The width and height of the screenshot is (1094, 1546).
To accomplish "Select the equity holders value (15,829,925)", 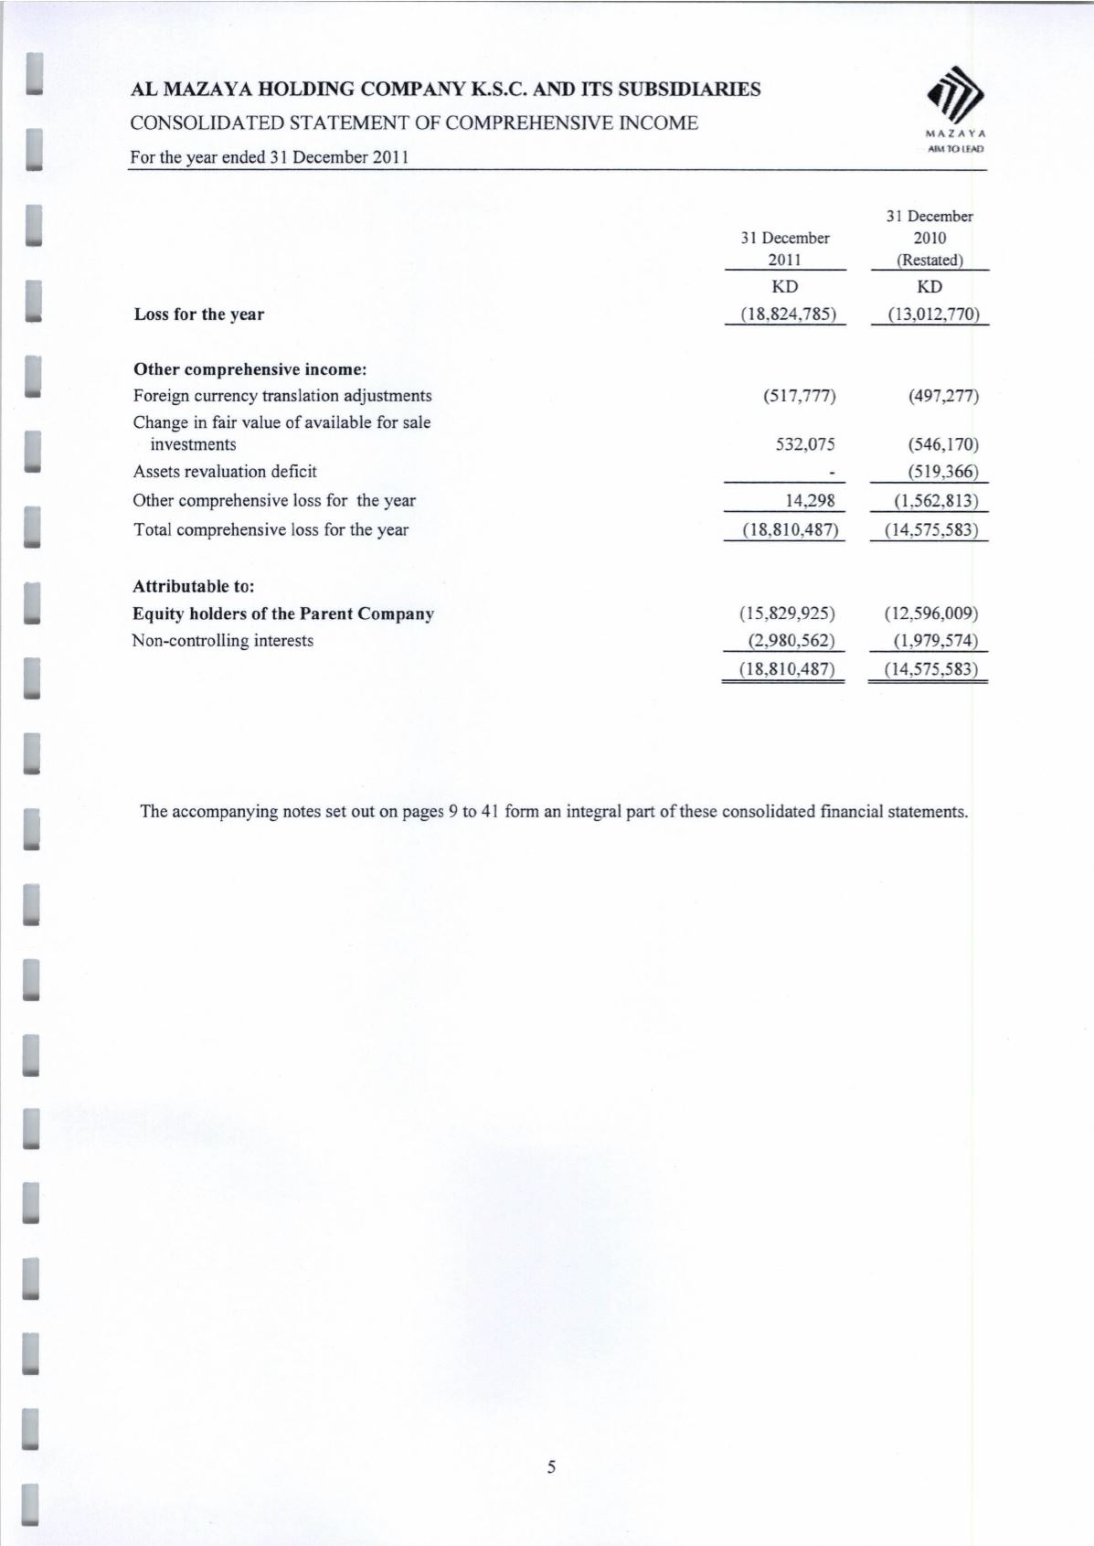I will tap(787, 613).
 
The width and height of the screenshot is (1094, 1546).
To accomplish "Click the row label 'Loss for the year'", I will tap(198, 315).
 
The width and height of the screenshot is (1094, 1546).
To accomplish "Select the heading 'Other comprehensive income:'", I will tap(250, 369).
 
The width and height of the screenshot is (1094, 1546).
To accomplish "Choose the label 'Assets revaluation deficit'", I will tap(225, 472).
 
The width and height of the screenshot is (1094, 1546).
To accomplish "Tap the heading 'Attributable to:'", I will tap(194, 586).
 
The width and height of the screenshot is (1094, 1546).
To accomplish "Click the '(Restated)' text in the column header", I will tap(929, 260).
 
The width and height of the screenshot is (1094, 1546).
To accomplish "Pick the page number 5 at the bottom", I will tap(551, 1468).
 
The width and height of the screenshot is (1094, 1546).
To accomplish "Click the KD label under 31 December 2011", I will tap(785, 287).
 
